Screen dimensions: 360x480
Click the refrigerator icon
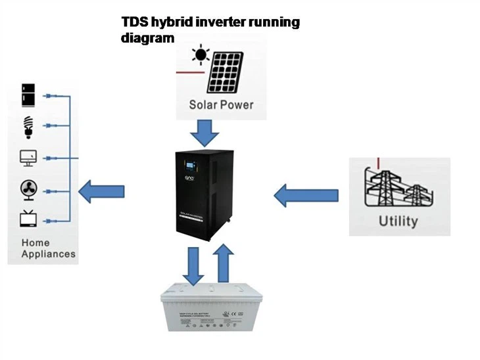click(x=28, y=93)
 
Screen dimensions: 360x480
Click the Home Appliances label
click(x=48, y=248)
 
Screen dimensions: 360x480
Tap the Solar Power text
click(x=221, y=104)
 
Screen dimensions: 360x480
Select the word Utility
click(x=398, y=220)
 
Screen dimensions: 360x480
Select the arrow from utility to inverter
click(x=305, y=194)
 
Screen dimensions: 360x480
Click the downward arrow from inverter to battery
click(x=193, y=265)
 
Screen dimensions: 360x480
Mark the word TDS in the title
click(x=134, y=22)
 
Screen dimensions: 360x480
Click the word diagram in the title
click(x=148, y=38)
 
